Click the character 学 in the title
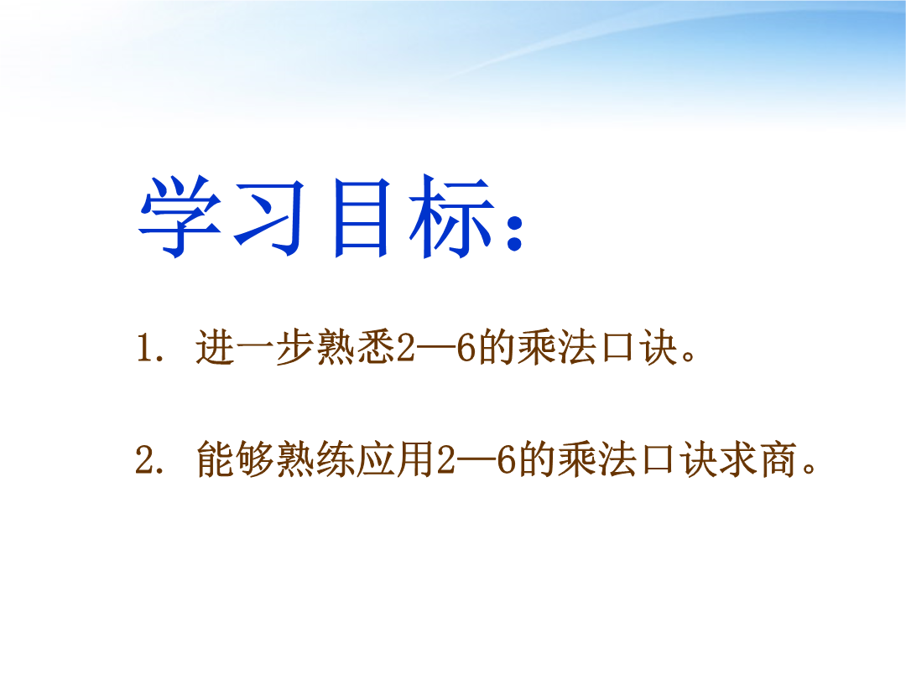tap(180, 216)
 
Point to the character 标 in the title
tap(452, 216)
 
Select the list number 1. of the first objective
tap(150, 348)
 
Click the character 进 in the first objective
tap(215, 347)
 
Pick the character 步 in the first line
tap(295, 347)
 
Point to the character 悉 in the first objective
tap(376, 347)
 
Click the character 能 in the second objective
tap(215, 459)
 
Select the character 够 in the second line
tap(255, 459)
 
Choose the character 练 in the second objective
tap(336, 459)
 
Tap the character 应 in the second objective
tap(376, 459)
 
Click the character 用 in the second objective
tap(415, 459)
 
